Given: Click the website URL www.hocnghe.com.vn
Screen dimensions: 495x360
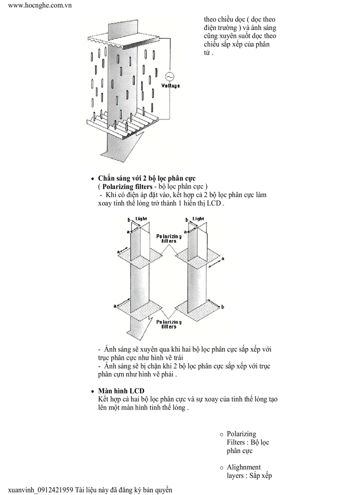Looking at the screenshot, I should [40, 6].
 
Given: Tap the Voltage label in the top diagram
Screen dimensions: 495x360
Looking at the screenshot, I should [170, 86].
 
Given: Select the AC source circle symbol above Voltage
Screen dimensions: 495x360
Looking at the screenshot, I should [169, 76].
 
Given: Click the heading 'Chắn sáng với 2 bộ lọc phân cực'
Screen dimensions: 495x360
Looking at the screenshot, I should [146, 179].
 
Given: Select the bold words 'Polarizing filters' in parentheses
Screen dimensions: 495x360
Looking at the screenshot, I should [126, 186].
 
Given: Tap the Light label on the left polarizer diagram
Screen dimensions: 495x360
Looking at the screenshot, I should [141, 219].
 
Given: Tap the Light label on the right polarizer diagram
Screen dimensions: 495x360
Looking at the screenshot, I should [199, 219].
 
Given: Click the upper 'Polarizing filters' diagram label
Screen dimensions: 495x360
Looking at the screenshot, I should [169, 238].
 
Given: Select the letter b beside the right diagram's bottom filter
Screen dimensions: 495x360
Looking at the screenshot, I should [222, 307].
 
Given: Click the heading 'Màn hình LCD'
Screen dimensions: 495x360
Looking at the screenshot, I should [121, 391].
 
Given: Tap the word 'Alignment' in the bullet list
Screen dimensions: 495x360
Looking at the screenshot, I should [244, 467].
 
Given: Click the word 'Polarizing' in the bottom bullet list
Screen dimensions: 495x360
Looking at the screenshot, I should [241, 434].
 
